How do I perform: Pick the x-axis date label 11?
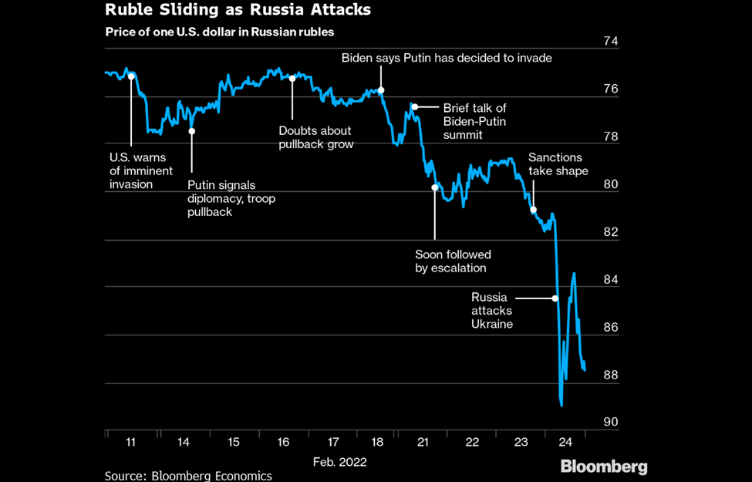tap(130, 442)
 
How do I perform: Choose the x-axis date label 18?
tap(378, 442)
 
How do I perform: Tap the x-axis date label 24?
tap(565, 442)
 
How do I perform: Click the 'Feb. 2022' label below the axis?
tap(339, 462)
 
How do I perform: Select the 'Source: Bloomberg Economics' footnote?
tap(188, 476)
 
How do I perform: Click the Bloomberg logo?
tap(604, 467)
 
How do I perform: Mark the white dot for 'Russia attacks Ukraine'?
tap(555, 298)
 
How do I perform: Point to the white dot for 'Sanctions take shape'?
tap(533, 209)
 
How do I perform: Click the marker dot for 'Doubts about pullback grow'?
tap(292, 78)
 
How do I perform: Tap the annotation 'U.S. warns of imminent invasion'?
tap(141, 170)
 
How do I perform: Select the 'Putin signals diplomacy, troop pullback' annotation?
tap(231, 198)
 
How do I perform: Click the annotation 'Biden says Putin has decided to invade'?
tap(447, 58)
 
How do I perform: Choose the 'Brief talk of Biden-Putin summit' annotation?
tap(474, 121)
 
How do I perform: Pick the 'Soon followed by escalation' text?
tap(453, 261)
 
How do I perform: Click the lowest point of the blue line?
tap(561, 405)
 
